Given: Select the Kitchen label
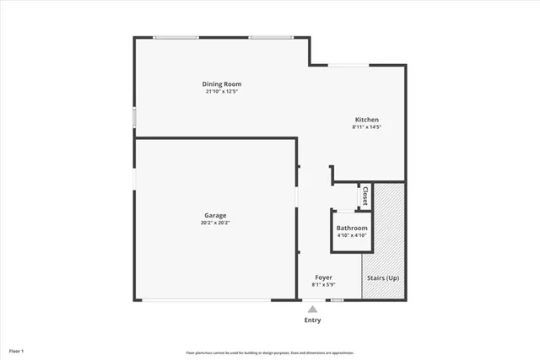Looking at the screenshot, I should click(x=366, y=120).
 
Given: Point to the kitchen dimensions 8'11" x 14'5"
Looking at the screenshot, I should click(x=366, y=127).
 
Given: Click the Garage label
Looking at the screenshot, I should click(x=216, y=216).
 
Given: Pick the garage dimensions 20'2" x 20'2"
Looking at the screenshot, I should click(x=216, y=223).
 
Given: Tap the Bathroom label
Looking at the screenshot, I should click(x=352, y=228).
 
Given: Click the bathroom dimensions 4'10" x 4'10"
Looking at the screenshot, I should click(x=352, y=236).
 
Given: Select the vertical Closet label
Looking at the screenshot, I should click(x=364, y=196).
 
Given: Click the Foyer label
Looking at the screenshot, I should click(x=324, y=277).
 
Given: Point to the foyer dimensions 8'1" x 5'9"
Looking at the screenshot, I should click(x=324, y=285).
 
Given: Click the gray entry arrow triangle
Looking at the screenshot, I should click(x=312, y=309).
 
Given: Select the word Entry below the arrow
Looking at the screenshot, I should click(x=312, y=320).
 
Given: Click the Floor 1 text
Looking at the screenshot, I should click(x=17, y=350).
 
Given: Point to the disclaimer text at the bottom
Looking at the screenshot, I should click(x=270, y=352).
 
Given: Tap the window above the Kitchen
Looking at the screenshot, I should click(x=343, y=64).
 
